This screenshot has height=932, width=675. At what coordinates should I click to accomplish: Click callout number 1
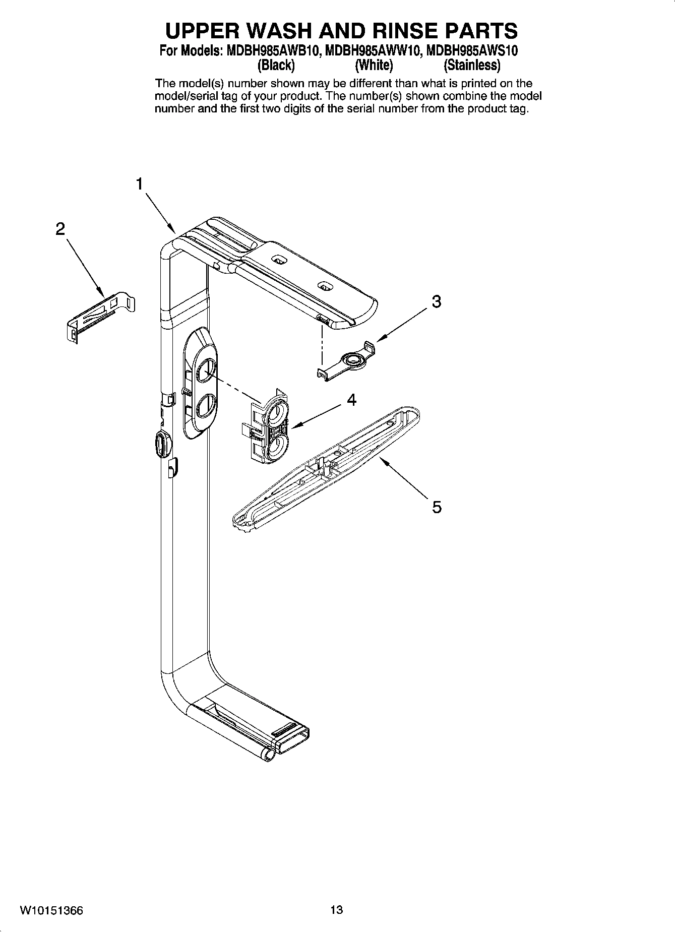click(x=140, y=184)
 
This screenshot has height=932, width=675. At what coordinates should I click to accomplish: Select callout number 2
click(x=60, y=230)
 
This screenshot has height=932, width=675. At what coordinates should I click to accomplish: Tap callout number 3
click(x=437, y=302)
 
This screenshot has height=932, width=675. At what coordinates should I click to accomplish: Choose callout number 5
click(x=437, y=507)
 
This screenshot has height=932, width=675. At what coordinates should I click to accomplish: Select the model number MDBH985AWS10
click(x=472, y=51)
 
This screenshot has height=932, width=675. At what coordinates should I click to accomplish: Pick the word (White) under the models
click(x=374, y=66)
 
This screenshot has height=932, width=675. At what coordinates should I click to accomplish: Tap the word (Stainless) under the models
click(x=472, y=66)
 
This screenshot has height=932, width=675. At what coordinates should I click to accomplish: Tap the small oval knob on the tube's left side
click(x=162, y=444)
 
